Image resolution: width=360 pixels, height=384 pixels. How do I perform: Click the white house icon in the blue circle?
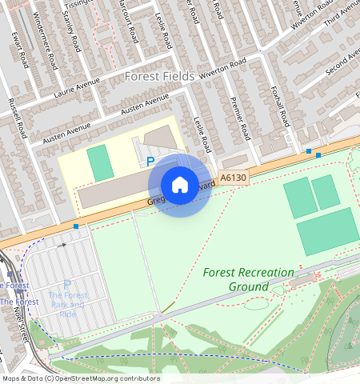[x=180, y=185]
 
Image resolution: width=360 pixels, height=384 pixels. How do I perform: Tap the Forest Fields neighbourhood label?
[x=160, y=76]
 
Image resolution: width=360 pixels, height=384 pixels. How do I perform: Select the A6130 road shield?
[x=231, y=178]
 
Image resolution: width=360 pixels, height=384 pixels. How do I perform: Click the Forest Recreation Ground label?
[x=249, y=279]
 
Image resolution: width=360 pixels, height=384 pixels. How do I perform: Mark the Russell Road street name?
[x=17, y=117]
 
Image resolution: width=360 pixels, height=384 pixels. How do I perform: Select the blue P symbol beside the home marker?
[x=150, y=162]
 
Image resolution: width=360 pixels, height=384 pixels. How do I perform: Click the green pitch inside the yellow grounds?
[x=100, y=162]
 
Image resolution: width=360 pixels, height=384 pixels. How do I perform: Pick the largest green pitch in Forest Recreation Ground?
[x=327, y=235]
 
